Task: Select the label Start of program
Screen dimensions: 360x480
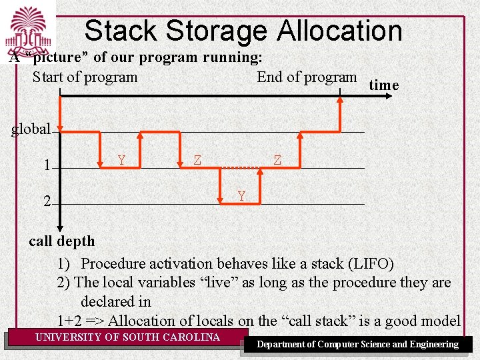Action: pos(85,77)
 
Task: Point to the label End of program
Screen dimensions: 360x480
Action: pos(307,77)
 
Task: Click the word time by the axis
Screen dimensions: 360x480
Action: pos(383,85)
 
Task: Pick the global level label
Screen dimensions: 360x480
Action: pos(31,129)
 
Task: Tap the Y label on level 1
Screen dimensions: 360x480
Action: pos(121,159)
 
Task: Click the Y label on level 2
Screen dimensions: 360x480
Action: pos(241,196)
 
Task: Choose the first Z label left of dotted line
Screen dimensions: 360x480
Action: pos(197,159)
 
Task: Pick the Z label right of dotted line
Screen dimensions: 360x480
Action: pos(277,159)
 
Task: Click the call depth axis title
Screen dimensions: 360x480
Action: pos(62,241)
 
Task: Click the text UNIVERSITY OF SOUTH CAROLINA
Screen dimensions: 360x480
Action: pos(127,337)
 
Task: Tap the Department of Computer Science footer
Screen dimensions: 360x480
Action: pos(358,344)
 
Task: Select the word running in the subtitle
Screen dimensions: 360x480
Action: pos(232,57)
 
